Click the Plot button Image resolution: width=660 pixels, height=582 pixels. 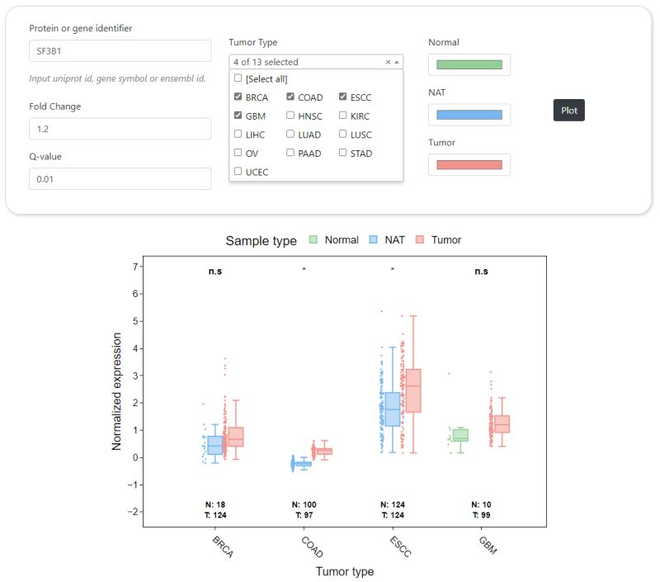pyautogui.click(x=568, y=110)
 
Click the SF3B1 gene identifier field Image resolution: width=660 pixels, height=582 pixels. pyautogui.click(x=120, y=50)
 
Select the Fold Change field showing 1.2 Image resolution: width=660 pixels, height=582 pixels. pyautogui.click(x=120, y=129)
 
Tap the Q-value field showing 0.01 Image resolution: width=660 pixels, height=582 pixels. pyautogui.click(x=120, y=179)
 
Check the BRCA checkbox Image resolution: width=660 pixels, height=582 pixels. pyautogui.click(x=238, y=97)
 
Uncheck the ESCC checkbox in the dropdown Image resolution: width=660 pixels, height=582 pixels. pyautogui.click(x=343, y=97)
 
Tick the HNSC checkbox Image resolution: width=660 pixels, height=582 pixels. pyautogui.click(x=290, y=116)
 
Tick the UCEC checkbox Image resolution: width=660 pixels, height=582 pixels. pyautogui.click(x=238, y=172)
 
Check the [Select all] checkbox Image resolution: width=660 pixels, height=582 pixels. pyautogui.click(x=238, y=78)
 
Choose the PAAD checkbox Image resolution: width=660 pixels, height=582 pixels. pyautogui.click(x=290, y=153)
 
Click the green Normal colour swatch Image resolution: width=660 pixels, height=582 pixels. pyautogui.click(x=469, y=64)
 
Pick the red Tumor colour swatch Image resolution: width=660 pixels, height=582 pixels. pyautogui.click(x=469, y=165)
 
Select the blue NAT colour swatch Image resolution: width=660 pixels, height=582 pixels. pyautogui.click(x=469, y=115)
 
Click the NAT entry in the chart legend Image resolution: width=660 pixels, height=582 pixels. pyautogui.click(x=386, y=240)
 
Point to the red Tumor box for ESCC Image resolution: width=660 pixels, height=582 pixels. pyautogui.click(x=413, y=390)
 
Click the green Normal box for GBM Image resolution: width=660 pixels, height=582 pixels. pyautogui.click(x=460, y=435)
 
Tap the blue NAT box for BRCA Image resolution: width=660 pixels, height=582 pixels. pyautogui.click(x=215, y=445)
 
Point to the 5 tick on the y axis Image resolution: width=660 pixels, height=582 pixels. pyautogui.click(x=135, y=321)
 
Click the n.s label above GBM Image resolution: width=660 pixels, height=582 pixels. pyautogui.click(x=482, y=271)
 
